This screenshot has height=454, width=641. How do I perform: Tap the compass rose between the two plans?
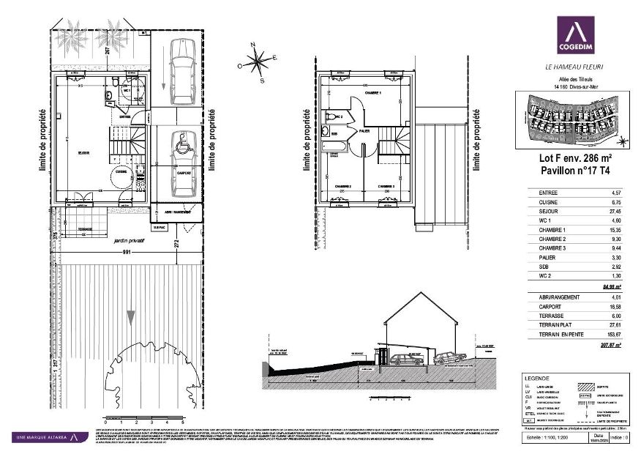256,63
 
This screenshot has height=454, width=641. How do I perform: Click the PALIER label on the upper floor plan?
364,132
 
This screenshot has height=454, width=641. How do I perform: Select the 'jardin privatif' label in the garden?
129,239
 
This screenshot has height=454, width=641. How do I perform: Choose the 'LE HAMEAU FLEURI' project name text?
574,67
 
